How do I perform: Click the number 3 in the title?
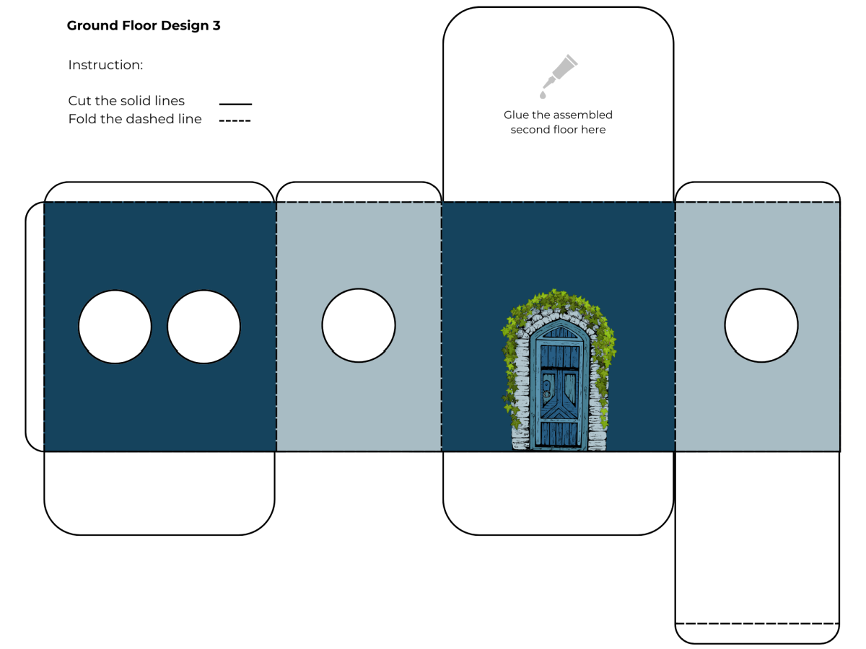point(216,26)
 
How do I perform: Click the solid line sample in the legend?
point(235,104)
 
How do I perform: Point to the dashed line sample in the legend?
point(235,120)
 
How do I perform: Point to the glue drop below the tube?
point(543,95)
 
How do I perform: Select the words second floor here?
point(558,130)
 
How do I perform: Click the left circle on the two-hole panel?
point(115,327)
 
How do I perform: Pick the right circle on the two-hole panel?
point(204,327)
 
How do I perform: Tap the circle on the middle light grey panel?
point(359,325)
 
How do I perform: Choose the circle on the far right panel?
point(761,325)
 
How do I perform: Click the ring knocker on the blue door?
point(546,394)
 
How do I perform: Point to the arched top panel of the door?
point(560,332)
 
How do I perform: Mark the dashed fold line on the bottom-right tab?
point(757,624)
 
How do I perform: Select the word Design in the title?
point(185,26)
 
